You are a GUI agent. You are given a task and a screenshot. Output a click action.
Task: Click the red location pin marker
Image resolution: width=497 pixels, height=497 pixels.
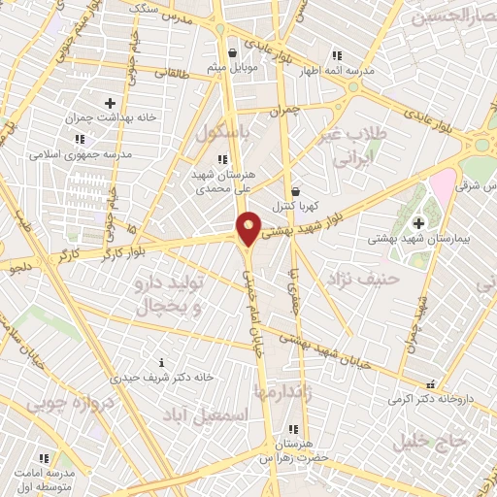249,229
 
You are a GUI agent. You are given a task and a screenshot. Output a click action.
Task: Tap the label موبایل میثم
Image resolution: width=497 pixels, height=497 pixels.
230,68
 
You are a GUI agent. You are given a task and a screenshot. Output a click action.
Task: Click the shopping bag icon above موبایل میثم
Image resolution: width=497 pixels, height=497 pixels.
231,52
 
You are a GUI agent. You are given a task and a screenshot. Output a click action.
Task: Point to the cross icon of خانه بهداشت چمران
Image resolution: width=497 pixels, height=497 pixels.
110,102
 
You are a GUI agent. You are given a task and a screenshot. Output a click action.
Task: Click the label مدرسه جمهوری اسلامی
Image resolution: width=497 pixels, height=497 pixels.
73,153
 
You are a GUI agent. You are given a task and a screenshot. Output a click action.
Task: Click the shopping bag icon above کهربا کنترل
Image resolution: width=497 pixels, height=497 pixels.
295,191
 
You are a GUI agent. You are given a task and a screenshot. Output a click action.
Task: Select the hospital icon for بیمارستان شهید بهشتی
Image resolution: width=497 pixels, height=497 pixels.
418,223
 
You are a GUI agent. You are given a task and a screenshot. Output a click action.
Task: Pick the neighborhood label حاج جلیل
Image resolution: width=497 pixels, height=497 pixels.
430,442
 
